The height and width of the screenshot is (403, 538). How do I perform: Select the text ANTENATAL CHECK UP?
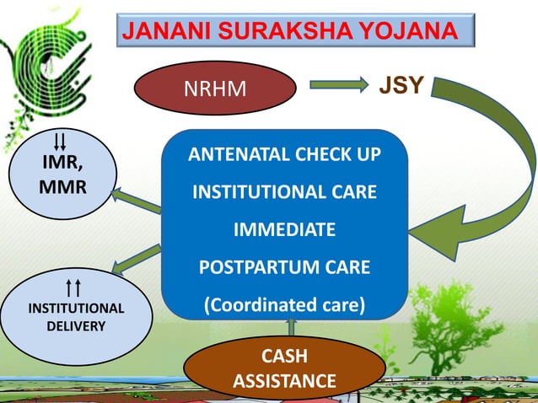pyautogui.click(x=284, y=156)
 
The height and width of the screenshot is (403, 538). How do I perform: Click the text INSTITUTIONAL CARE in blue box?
pyautogui.click(x=284, y=193)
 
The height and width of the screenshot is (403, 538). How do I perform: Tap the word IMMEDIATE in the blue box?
pyautogui.click(x=284, y=230)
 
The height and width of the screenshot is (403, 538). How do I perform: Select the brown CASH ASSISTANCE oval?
pyautogui.click(x=283, y=370)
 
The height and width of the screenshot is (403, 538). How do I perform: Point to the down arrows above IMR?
pyautogui.click(x=61, y=138)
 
